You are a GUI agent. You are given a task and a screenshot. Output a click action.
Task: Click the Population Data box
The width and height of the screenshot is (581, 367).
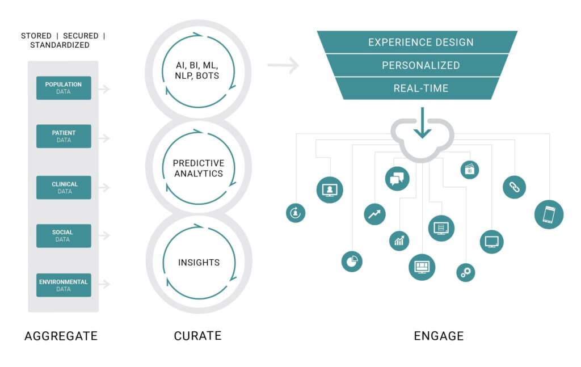coord(64,88)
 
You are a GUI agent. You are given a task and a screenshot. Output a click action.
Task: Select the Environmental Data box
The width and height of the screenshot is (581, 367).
coord(64,285)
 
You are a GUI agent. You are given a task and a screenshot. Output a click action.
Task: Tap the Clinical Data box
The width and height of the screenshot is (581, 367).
coord(64,188)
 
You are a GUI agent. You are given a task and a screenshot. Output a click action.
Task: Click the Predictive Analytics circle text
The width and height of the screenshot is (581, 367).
coord(198,168)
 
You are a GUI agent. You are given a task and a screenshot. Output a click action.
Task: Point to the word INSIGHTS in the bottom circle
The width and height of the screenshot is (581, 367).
coord(199,263)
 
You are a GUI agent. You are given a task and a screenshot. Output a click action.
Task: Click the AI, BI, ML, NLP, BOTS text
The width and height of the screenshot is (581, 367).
coord(198,71)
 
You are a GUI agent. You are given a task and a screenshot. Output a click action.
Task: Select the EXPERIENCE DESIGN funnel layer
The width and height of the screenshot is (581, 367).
coord(420,43)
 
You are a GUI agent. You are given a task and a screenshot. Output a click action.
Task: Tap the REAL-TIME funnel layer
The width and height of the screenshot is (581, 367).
coord(420,88)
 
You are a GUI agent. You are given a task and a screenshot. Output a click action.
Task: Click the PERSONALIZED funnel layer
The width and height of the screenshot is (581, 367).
coord(420,65)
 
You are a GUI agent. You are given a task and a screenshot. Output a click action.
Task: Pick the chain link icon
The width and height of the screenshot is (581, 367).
coord(514,188)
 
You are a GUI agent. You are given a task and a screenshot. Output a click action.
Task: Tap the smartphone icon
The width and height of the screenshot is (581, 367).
coord(549,214)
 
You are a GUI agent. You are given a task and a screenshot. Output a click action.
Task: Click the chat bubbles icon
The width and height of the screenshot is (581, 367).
coord(397,179)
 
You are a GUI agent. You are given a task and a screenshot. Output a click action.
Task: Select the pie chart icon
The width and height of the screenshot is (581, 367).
coord(352,261)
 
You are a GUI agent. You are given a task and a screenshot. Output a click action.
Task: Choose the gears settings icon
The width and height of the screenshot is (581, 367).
coord(466,272)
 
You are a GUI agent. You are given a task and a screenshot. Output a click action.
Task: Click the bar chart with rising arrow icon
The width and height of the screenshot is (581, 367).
coord(399,241)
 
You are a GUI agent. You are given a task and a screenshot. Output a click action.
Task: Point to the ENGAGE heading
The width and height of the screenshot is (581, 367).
coord(439,336)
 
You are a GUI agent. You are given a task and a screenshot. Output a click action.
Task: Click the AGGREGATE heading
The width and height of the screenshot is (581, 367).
coord(61,336)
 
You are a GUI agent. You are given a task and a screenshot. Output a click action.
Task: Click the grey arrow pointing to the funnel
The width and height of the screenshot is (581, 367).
coord(283,66)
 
